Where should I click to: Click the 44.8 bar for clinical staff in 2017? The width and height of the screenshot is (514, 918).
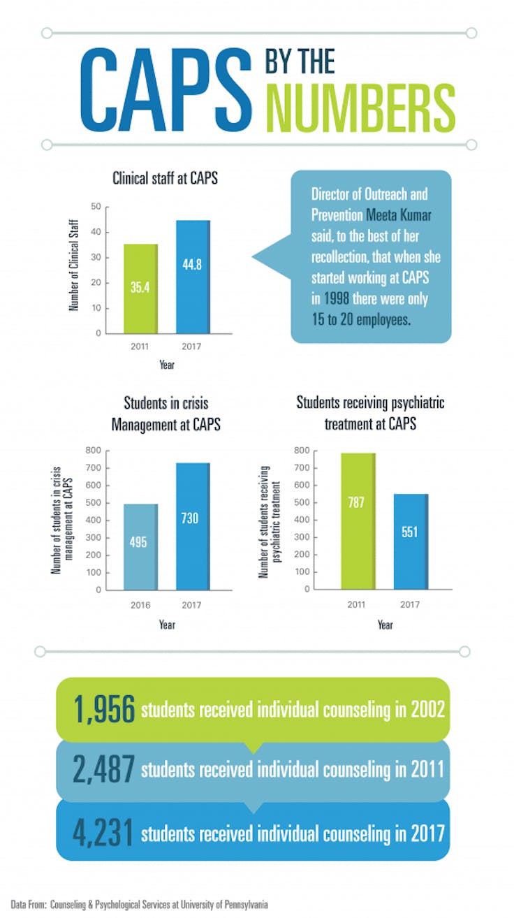coord(193,277)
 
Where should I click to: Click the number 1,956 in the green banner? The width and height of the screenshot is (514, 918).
coord(103,709)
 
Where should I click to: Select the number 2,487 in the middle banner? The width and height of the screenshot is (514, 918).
coord(103,769)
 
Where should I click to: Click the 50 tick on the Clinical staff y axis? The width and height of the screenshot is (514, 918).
coord(96,206)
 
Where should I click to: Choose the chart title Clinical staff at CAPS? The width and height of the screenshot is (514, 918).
coord(166,179)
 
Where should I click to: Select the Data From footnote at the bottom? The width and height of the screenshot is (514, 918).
coord(139,903)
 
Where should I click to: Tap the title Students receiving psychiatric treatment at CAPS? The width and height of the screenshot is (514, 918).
coord(370,413)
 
